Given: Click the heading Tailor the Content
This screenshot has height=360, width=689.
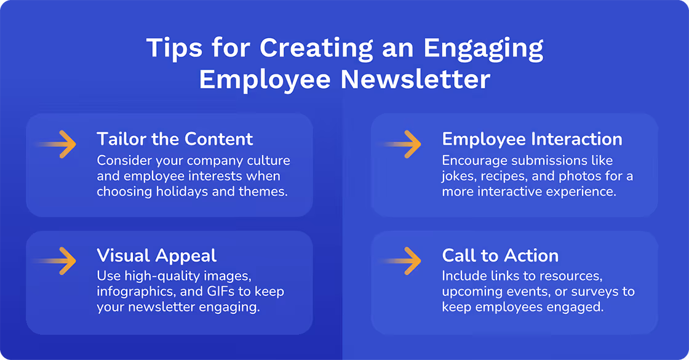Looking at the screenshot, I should (175, 138).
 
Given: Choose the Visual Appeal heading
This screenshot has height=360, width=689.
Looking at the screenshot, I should (156, 255).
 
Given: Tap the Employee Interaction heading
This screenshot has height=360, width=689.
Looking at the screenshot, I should (532, 138).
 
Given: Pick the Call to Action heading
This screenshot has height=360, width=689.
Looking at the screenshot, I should (500, 255).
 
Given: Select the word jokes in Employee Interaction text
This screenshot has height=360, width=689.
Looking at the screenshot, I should (458, 177).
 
